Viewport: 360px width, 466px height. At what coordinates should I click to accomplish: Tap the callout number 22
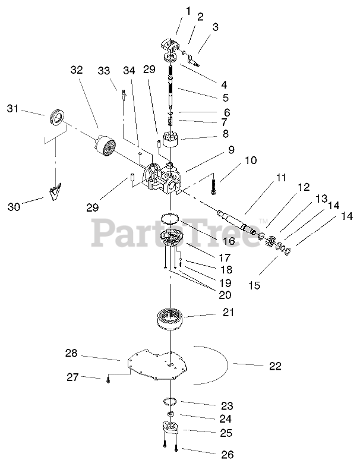[274, 366]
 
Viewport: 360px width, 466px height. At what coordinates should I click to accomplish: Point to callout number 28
[72, 354]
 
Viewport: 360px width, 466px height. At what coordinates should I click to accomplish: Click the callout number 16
[228, 241]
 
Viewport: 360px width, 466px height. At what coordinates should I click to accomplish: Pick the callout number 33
[104, 71]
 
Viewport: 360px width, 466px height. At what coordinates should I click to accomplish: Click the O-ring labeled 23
[170, 402]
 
